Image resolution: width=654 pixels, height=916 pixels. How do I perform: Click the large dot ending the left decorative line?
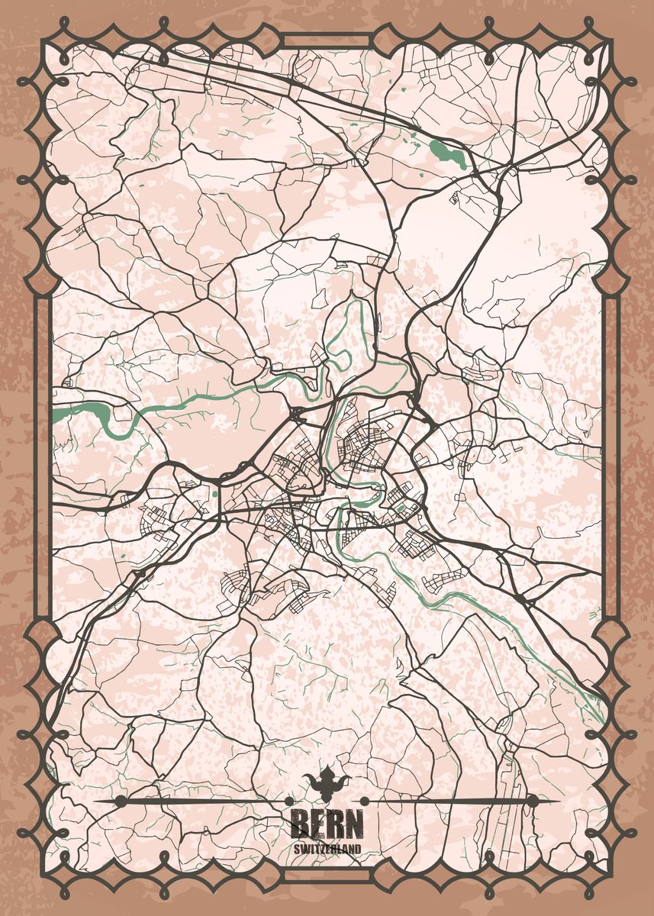point(121,801)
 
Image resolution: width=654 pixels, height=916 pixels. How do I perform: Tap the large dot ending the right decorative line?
point(532,801)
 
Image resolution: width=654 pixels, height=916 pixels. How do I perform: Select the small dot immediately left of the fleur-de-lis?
point(290,801)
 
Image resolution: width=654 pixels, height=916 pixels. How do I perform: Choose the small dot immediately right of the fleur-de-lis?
point(364,801)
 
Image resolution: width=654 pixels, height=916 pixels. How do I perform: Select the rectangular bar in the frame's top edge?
point(327,40)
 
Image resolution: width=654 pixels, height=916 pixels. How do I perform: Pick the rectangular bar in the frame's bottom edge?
point(327,878)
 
